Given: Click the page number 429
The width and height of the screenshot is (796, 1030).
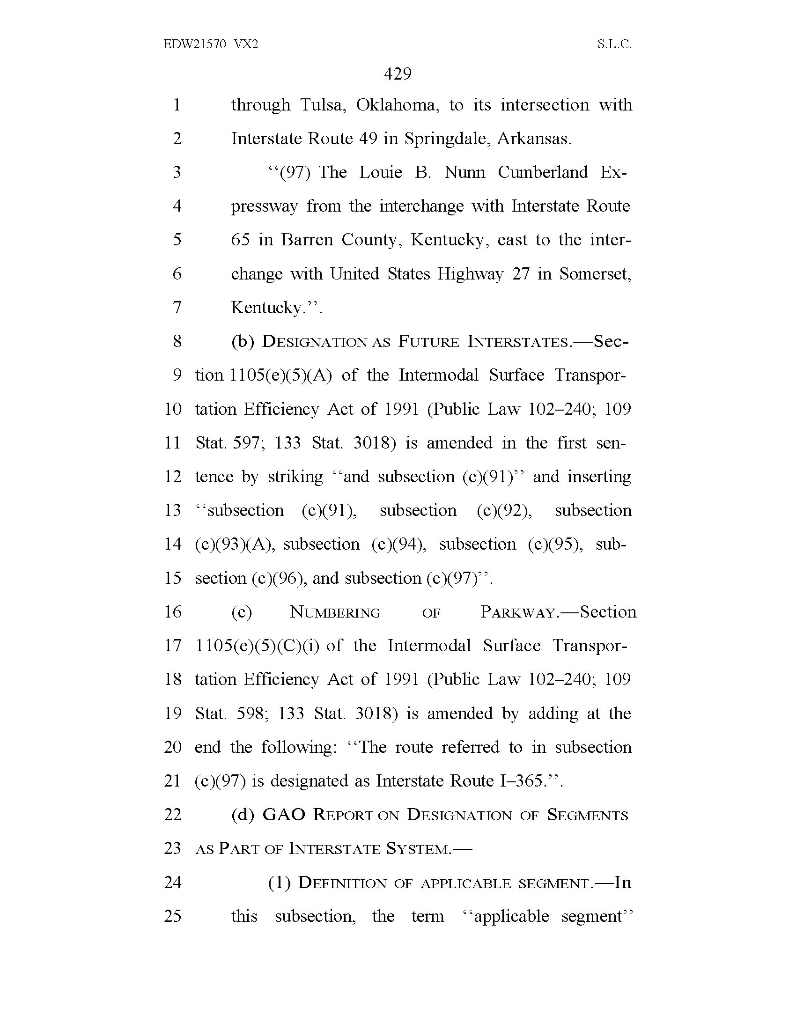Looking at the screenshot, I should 398,74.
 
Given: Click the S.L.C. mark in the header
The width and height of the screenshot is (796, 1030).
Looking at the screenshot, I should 614,44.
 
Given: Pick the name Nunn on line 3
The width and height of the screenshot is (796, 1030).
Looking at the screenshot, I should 464,172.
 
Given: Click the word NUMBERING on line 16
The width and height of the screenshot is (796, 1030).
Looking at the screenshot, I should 335,612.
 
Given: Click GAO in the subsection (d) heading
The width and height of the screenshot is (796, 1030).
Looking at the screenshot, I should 284,815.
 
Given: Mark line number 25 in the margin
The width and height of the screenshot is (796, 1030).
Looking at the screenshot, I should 173,916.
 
